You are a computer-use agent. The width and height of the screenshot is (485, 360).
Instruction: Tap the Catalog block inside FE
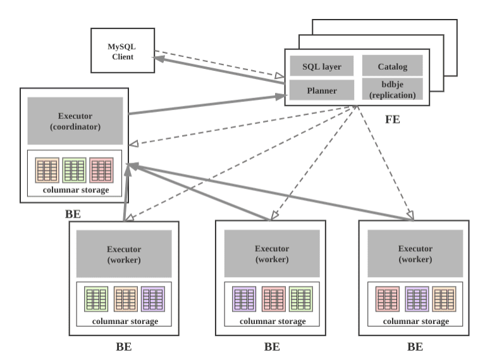pyautogui.click(x=391, y=66)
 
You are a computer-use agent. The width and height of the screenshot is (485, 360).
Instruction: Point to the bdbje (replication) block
pyautogui.click(x=391, y=90)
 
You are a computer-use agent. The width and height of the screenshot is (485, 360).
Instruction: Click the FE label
pyautogui.click(x=392, y=119)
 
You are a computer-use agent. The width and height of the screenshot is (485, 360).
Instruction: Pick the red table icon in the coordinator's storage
pyautogui.click(x=101, y=169)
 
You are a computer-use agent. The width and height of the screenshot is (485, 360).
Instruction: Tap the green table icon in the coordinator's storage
pyautogui.click(x=74, y=169)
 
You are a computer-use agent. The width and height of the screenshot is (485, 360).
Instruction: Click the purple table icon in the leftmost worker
pyautogui.click(x=153, y=299)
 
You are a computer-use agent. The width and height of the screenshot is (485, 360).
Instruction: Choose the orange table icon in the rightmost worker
pyautogui.click(x=443, y=299)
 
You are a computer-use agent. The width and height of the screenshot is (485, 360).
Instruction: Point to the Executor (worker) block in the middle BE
pyautogui.click(x=271, y=253)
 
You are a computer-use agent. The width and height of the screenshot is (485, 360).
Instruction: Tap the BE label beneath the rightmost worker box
pyautogui.click(x=414, y=347)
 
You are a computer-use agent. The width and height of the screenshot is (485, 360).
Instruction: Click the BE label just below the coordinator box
pyautogui.click(x=73, y=214)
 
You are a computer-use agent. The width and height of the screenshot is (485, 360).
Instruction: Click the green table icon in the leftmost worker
pyautogui.click(x=97, y=299)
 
